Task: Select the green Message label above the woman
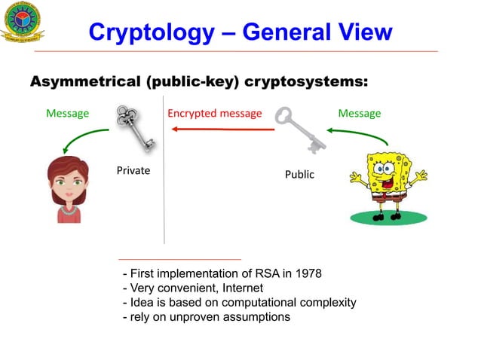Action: [x=67, y=114]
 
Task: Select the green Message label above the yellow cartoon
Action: [x=359, y=114]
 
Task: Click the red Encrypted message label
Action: [x=214, y=114]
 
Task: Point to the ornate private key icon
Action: [x=133, y=128]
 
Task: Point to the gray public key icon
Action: [x=299, y=130]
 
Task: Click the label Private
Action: [x=133, y=171]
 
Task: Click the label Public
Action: [x=299, y=175]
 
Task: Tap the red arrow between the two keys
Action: [x=222, y=130]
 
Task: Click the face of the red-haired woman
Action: [x=69, y=184]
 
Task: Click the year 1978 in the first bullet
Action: [x=308, y=273]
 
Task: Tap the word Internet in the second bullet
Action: [x=240, y=288]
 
